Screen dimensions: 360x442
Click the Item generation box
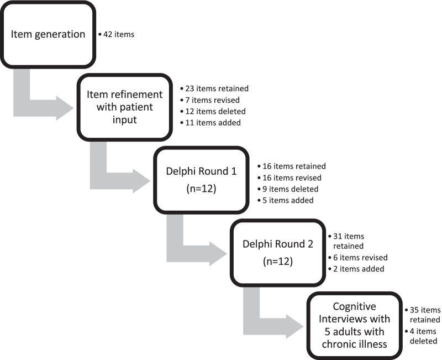tap(49, 34)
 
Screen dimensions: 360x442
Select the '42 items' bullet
tap(117, 35)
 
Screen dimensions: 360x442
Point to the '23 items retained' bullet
tap(215, 88)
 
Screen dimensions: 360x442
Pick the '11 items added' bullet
tap(211, 123)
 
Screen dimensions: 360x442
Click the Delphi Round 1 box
tap(201, 180)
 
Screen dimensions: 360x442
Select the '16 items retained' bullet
tap(292, 166)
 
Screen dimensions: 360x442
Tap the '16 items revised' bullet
tap(291, 178)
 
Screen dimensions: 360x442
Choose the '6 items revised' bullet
tap(361, 258)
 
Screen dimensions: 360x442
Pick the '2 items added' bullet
tap(359, 269)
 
